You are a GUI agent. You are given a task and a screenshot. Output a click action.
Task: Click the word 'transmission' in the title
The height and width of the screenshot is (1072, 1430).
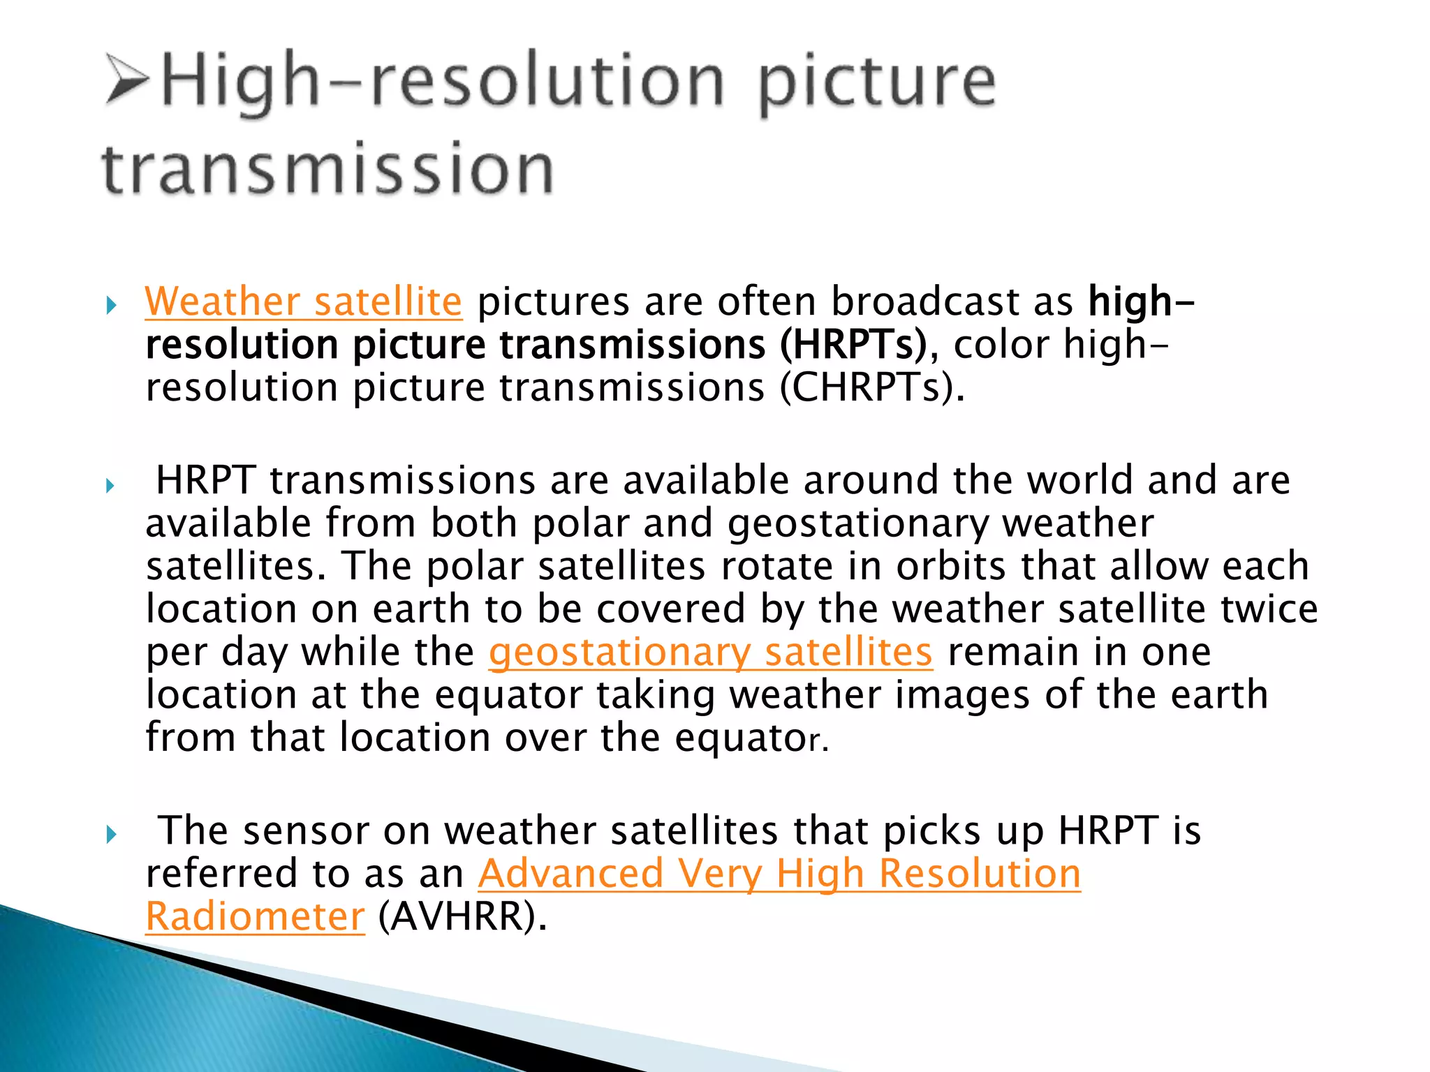coord(328,168)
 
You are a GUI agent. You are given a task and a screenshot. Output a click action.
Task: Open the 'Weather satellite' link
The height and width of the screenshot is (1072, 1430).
coord(303,301)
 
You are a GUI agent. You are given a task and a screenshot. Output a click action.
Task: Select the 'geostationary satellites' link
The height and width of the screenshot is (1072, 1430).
coord(710,652)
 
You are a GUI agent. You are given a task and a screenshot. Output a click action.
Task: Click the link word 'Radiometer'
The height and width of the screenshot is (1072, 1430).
coord(255,916)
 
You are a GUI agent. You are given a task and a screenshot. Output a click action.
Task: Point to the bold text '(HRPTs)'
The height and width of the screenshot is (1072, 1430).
coord(853,345)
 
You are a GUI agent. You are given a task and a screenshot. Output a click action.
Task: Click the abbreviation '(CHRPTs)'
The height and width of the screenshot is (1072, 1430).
coord(866,387)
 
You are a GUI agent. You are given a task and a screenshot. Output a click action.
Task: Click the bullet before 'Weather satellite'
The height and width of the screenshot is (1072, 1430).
coord(111,305)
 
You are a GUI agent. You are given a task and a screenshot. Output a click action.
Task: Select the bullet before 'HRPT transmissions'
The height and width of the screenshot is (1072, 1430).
coord(110,485)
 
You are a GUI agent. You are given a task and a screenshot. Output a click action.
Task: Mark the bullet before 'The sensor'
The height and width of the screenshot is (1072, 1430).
coord(111,834)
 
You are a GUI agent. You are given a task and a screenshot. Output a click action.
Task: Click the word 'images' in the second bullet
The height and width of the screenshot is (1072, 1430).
coord(961,695)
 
